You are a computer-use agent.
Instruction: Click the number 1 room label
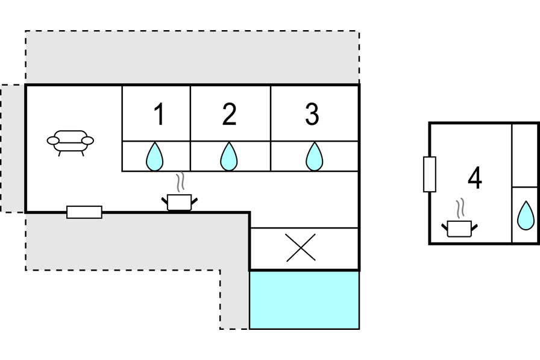[159, 115]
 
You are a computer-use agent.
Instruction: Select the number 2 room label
[229, 115]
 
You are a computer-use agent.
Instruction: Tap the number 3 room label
[312, 115]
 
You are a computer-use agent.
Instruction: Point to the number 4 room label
[475, 178]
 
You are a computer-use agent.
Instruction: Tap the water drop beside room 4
[526, 215]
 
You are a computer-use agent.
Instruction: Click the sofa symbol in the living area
[71, 142]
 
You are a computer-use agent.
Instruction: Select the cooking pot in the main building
[179, 202]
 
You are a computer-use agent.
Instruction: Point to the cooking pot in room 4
[460, 229]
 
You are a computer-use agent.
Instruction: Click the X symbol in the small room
[301, 248]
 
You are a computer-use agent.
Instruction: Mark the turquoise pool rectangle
[304, 300]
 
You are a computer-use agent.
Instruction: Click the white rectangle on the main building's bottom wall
[84, 212]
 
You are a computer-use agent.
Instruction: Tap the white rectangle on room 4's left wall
[429, 174]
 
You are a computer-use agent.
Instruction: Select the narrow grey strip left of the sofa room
[12, 148]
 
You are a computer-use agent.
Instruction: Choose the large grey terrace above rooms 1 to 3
[193, 57]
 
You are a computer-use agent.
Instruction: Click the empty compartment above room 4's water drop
[526, 155]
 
